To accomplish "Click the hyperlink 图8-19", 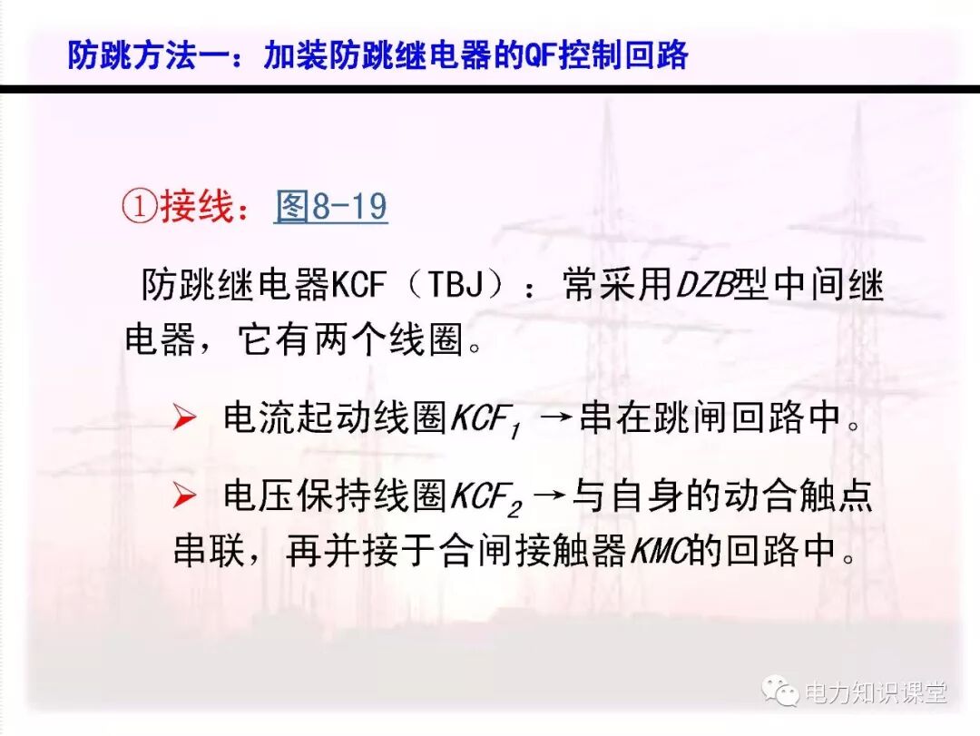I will click(331, 208).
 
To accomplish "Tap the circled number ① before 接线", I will click(139, 208).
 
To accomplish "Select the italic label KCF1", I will click(485, 420).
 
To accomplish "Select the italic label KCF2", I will click(485, 497).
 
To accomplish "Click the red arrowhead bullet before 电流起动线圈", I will click(185, 418).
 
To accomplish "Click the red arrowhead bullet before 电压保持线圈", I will click(185, 496).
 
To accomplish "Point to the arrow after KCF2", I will click(551, 496).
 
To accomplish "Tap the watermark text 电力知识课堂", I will click(877, 694).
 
